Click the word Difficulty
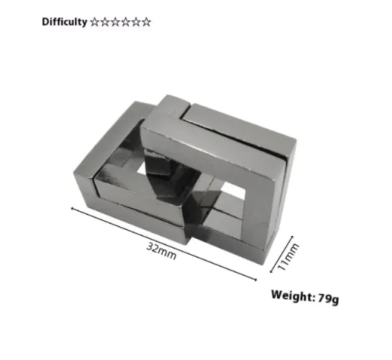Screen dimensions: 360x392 [x=64, y=21]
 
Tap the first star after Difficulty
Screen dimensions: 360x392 [x=95, y=21]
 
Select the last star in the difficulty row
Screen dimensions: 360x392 [x=146, y=21]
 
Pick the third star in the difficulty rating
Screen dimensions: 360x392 [x=116, y=21]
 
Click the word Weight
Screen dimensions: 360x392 [x=293, y=296]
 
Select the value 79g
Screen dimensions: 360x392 [x=328, y=298]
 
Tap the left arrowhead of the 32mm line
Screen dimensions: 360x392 [x=73, y=206]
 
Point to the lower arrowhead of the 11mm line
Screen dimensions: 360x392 [x=278, y=271]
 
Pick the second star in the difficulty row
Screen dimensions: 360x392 [x=105, y=21]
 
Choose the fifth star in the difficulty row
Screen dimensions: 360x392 [x=136, y=21]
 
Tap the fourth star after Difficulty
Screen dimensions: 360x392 [x=125, y=21]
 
